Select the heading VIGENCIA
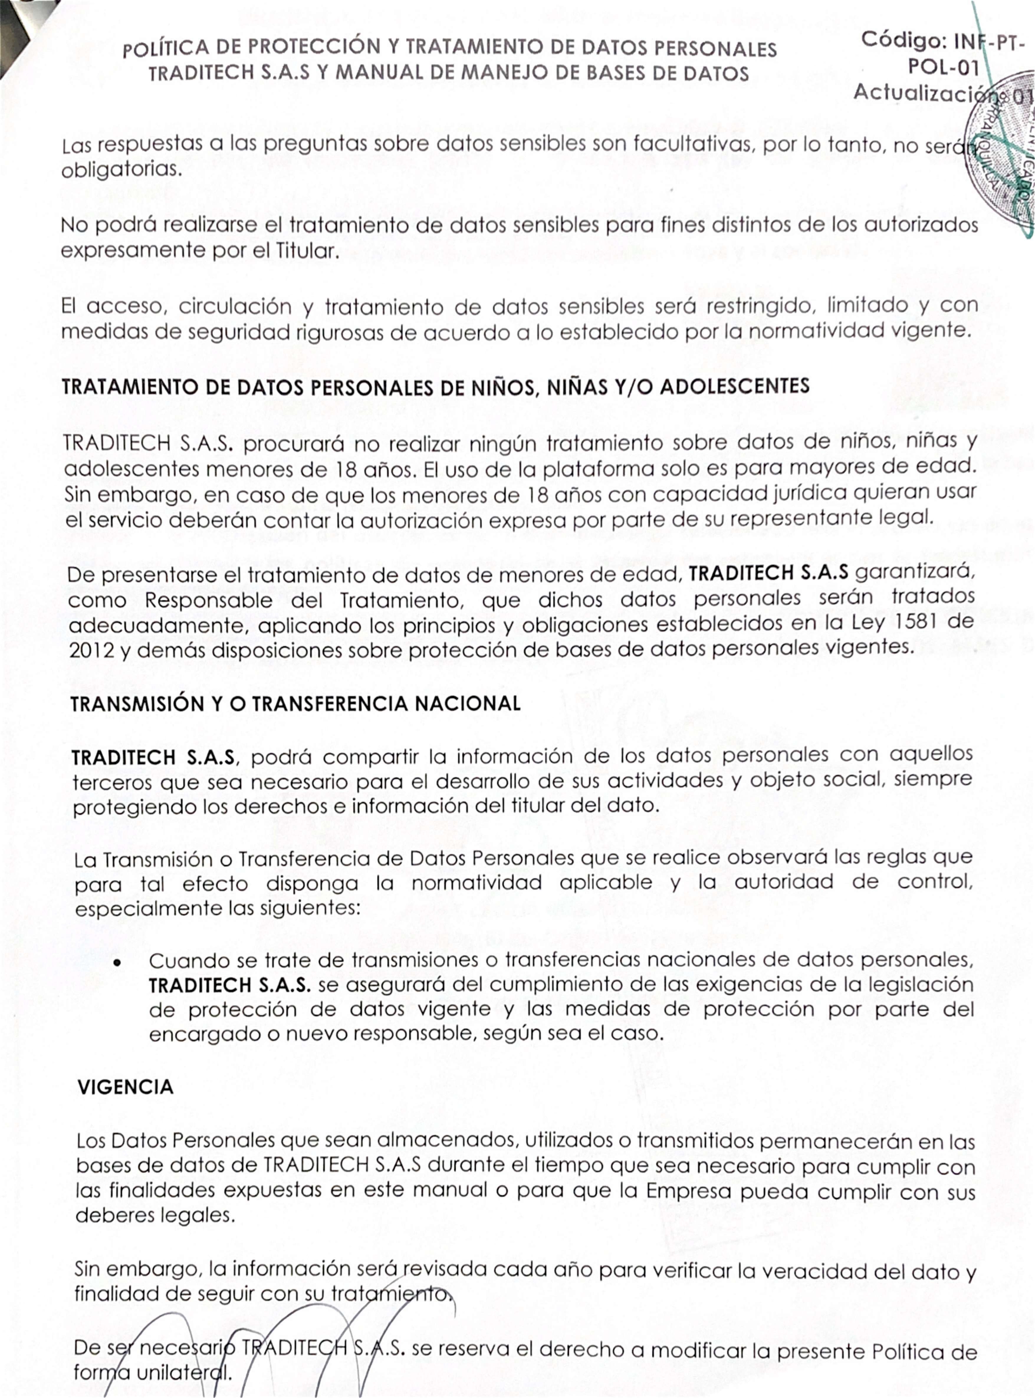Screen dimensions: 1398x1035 click(125, 1087)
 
